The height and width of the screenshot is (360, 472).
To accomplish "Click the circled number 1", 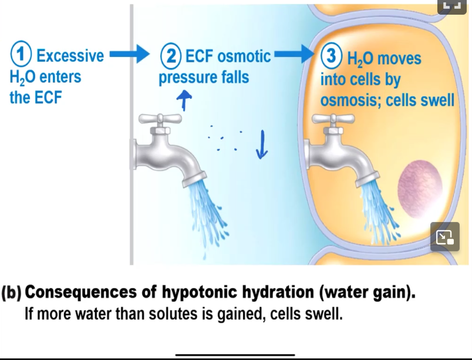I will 22,56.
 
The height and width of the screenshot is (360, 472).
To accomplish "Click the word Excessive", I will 70,56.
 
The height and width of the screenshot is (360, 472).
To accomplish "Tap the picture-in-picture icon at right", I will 444,237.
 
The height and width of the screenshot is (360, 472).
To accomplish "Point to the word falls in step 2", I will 235,77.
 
